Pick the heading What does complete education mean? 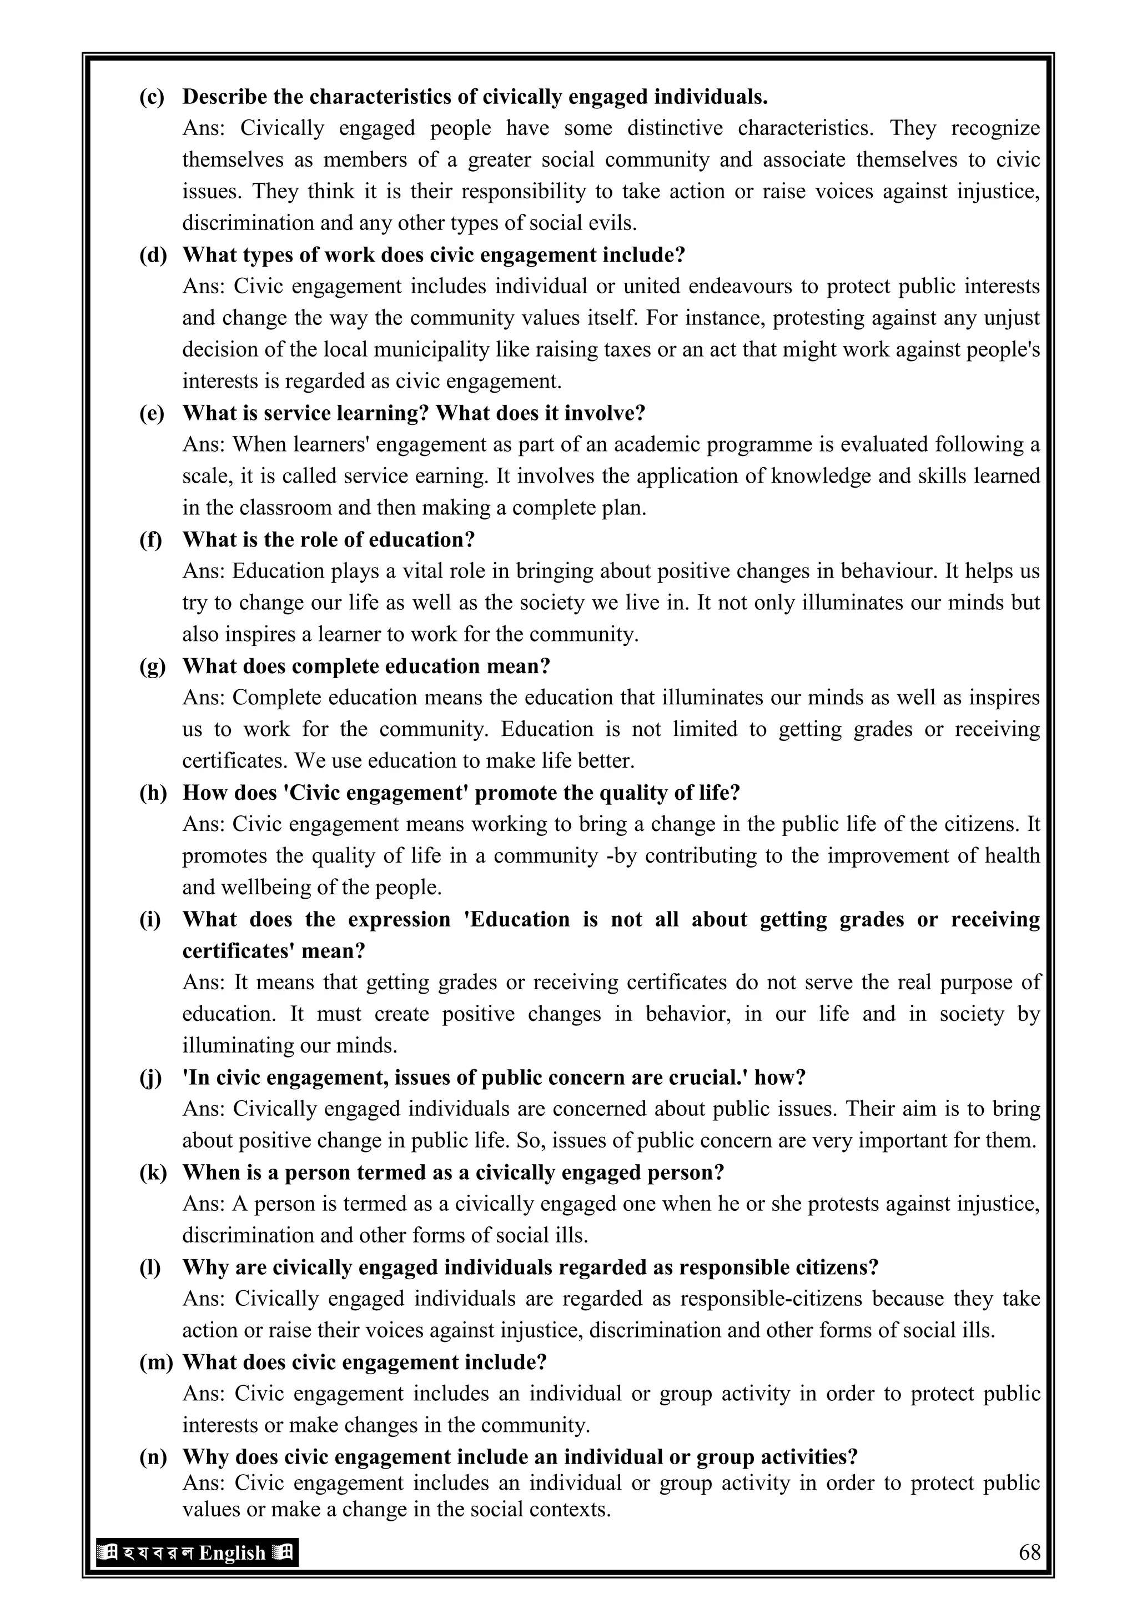click(366, 666)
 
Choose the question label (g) click(152, 666)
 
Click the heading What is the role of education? click(328, 539)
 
